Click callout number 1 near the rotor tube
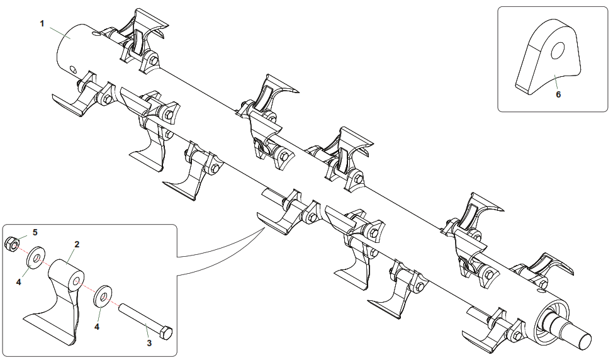42,23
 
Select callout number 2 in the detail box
76,244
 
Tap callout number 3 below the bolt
149,344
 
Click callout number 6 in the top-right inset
558,94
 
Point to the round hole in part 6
558,52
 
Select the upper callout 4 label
19,282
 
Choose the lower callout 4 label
98,327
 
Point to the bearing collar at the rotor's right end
554,315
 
